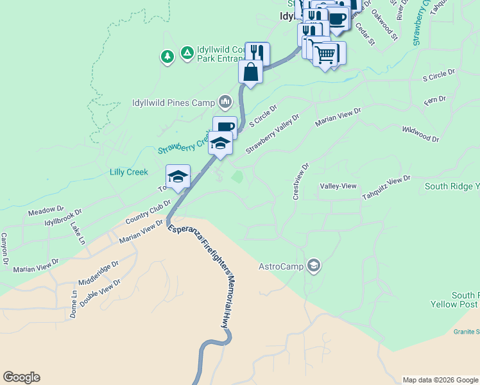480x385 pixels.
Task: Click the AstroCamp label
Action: (281, 266)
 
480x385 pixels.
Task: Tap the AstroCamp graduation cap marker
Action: (314, 265)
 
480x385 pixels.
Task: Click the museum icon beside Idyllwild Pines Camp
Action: (225, 101)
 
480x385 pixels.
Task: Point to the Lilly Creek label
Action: (128, 172)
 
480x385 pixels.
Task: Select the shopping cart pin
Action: (326, 55)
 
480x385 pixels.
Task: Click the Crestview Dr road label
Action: (301, 181)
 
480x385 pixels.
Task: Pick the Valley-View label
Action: (338, 186)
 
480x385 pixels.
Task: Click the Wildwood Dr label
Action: (421, 133)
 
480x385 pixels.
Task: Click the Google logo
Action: (21, 377)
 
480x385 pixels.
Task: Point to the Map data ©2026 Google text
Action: (441, 380)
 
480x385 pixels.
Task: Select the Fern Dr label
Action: (434, 100)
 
